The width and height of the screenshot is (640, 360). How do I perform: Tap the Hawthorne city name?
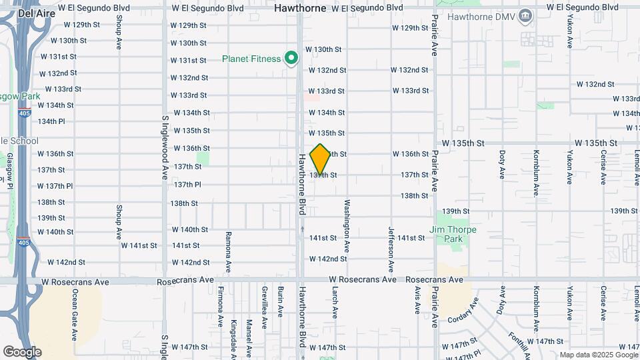pyautogui.click(x=300, y=9)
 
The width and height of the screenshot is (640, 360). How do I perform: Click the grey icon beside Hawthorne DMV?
pyautogui.click(x=525, y=15)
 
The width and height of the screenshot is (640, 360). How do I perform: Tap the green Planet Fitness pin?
pyautogui.click(x=291, y=59)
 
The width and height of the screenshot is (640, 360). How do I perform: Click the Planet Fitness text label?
pyautogui.click(x=251, y=59)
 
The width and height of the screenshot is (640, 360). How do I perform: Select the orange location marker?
pyautogui.click(x=321, y=159)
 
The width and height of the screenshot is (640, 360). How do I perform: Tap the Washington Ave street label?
pyautogui.click(x=347, y=224)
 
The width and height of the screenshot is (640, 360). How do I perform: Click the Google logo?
pyautogui.click(x=22, y=351)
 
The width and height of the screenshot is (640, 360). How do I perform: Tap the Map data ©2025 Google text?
pyautogui.click(x=597, y=355)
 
